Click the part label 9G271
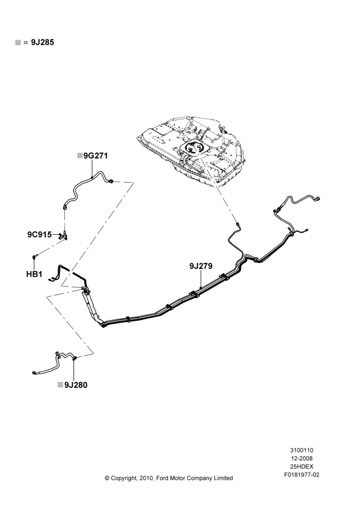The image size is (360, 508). point(96,156)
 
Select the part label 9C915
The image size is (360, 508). point(39,234)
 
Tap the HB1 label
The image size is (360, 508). point(35,274)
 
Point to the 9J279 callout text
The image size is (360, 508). point(201,266)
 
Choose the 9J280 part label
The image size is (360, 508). point(76,385)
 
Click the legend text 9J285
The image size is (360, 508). point(43,42)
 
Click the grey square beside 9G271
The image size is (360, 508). point(80,156)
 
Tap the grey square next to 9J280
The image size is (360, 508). point(61,385)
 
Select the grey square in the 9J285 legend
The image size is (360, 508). point(18,43)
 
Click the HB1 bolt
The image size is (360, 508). point(35,257)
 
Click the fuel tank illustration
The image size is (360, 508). point(191,149)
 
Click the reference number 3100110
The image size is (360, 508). point(302,450)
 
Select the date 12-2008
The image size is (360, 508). point(302,458)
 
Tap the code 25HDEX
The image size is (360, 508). point(302,466)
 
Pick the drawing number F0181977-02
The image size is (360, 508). point(302,475)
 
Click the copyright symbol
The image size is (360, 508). point(107,478)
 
